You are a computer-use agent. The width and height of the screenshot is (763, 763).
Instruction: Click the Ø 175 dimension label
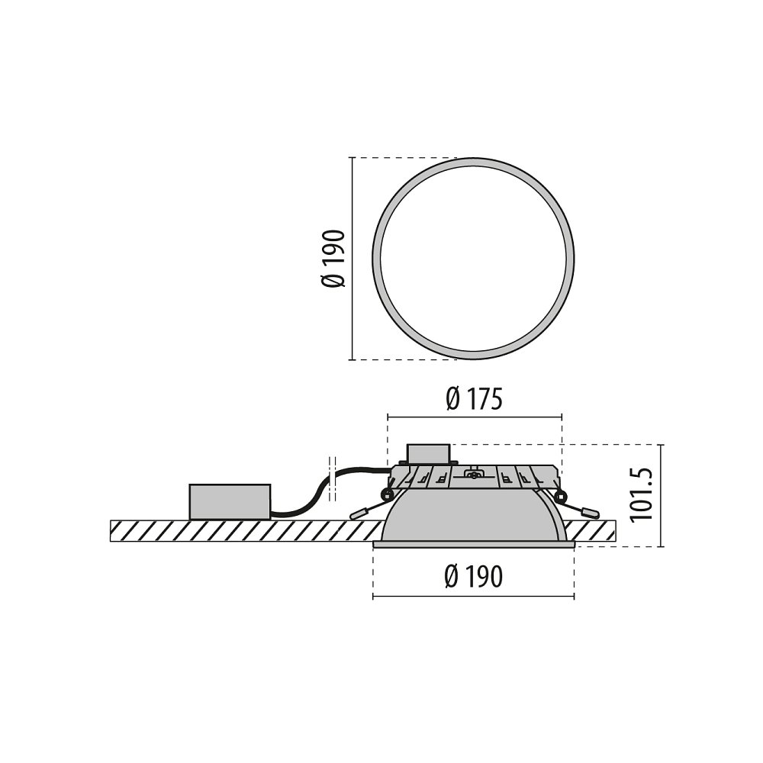[473, 400]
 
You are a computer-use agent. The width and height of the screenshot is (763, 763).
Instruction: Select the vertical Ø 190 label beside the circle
[333, 259]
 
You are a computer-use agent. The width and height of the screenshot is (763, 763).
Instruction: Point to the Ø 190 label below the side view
[473, 577]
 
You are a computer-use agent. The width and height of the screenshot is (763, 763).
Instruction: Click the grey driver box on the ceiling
[230, 502]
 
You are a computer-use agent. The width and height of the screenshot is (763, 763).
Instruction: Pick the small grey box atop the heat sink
[428, 453]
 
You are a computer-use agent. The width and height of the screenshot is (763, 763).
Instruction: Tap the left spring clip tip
[359, 513]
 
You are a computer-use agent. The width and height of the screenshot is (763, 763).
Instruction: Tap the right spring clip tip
[592, 513]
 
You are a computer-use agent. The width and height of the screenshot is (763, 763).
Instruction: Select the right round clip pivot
[562, 497]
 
